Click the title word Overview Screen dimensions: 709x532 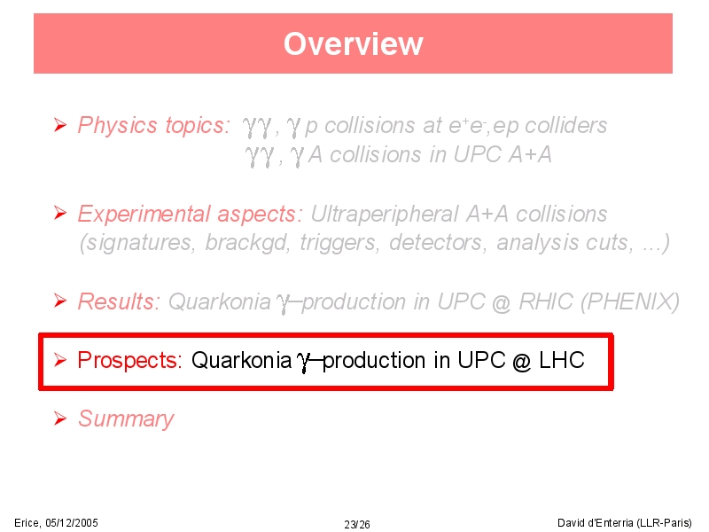click(353, 43)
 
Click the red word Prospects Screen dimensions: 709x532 click(129, 361)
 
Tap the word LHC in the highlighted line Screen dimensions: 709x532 click(562, 360)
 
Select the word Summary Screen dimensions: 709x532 click(126, 419)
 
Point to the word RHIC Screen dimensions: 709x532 click(546, 301)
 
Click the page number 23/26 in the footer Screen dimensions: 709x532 click(357, 524)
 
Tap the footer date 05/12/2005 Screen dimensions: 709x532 click(72, 523)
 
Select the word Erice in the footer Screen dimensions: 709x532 click(27, 523)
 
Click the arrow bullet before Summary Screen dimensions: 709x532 click(60, 419)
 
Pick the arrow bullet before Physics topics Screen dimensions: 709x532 click(60, 125)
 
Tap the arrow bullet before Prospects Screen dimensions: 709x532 click(60, 360)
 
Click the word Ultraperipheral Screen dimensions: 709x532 click(385, 215)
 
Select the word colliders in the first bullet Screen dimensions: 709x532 click(565, 125)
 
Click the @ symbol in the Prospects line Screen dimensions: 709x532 click(522, 362)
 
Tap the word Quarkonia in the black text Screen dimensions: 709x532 click(241, 360)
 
